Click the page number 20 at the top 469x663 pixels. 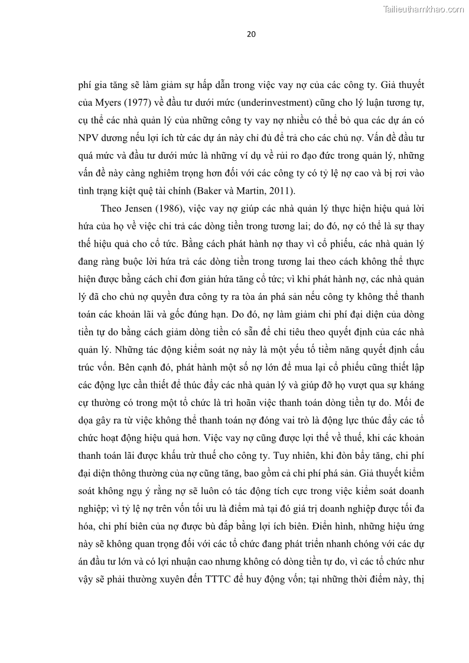coord(250,34)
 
